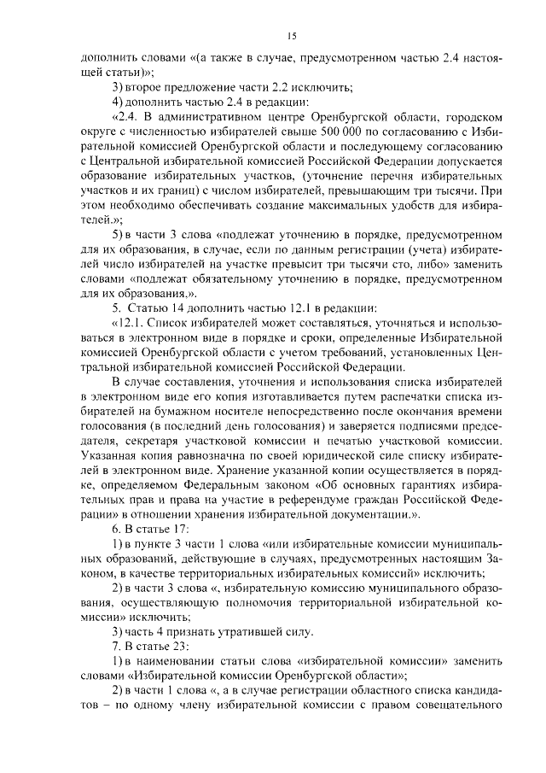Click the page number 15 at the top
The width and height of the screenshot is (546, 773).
pos(291,35)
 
